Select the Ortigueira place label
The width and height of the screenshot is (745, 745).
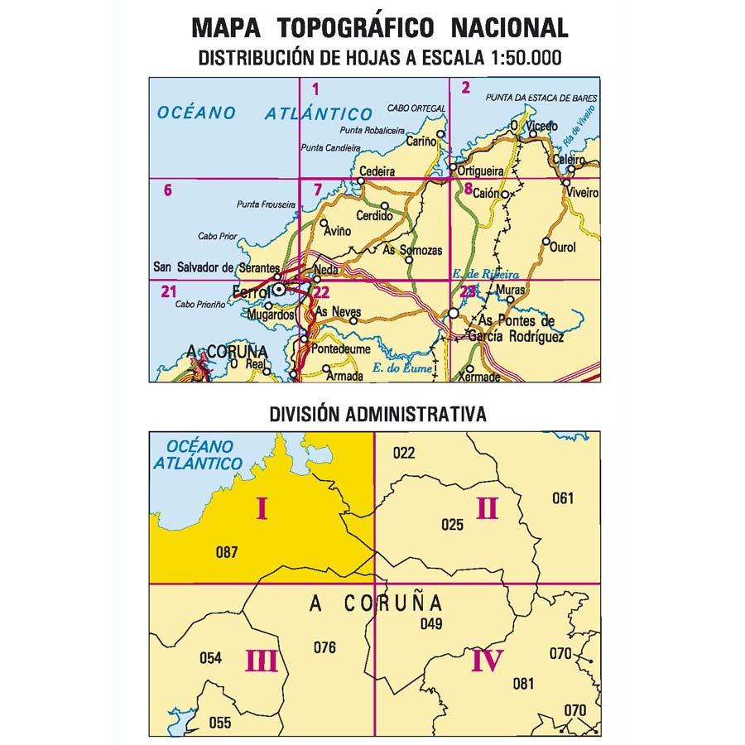tap(480, 171)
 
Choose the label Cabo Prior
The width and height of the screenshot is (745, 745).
tap(217, 237)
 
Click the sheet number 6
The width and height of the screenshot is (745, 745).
tap(168, 190)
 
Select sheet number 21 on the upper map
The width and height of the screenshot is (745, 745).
tap(170, 291)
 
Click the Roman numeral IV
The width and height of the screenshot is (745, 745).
tap(487, 661)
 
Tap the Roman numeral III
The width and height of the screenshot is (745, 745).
tap(262, 661)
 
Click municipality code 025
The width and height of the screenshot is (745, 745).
tap(452, 523)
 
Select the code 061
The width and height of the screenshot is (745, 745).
tap(562, 497)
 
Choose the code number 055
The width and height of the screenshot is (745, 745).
tap(220, 722)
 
